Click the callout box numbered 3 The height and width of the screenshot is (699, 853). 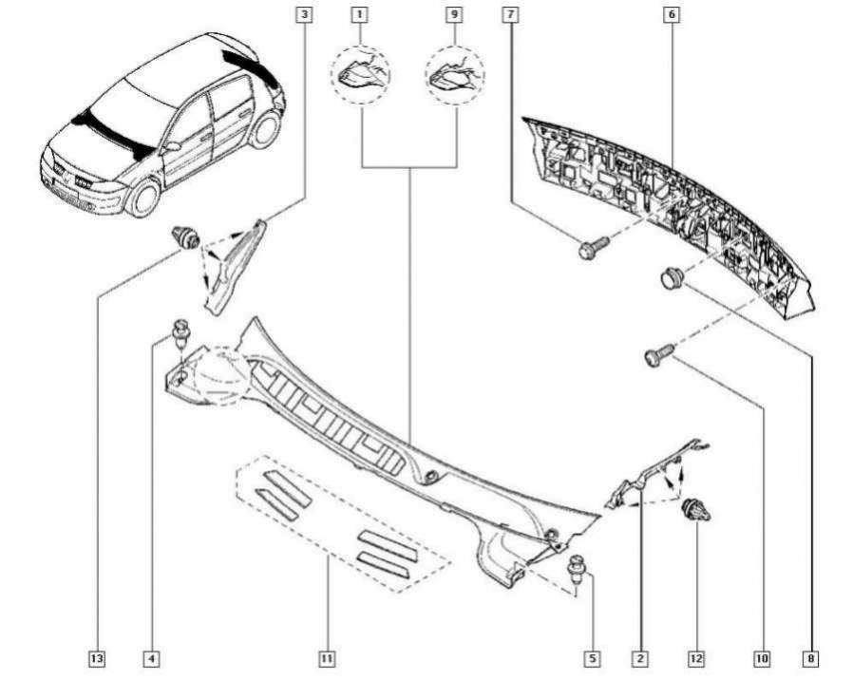point(303,15)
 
